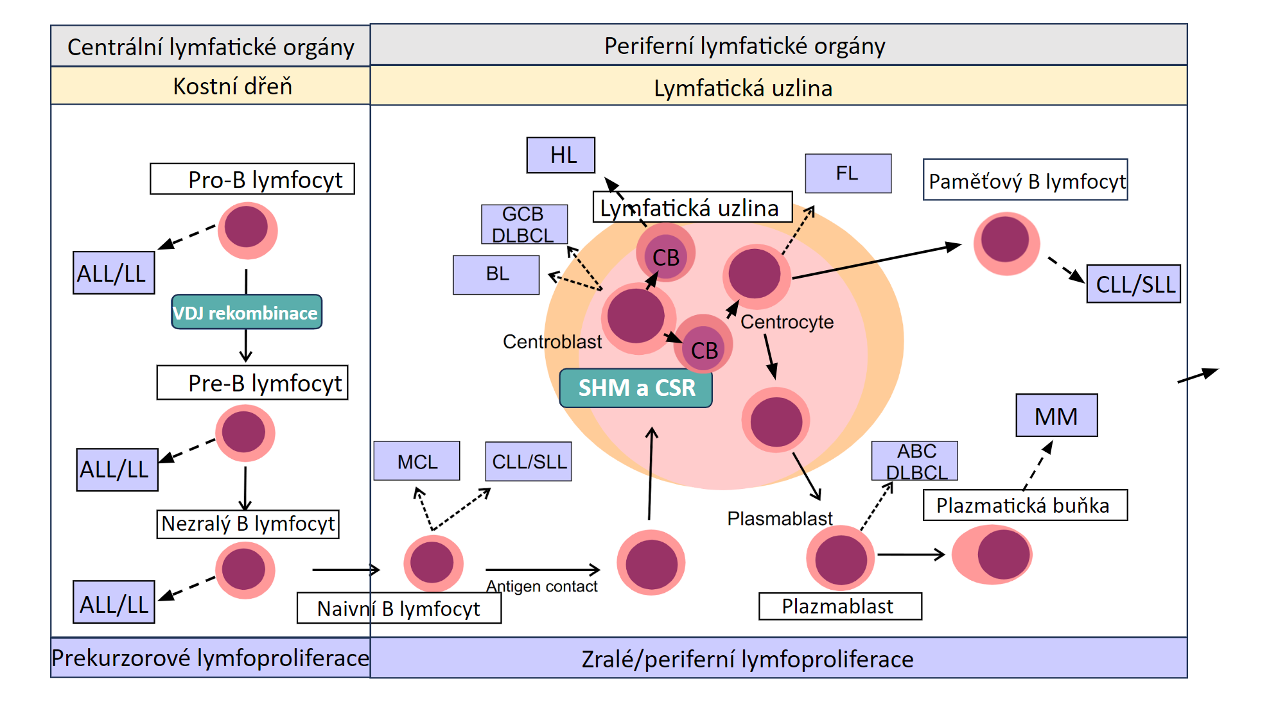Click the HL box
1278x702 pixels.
(x=561, y=155)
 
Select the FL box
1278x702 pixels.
(x=848, y=173)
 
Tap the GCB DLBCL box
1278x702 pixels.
(x=524, y=225)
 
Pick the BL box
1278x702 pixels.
(x=496, y=275)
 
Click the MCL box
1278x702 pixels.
(x=417, y=461)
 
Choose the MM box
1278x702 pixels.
(x=1056, y=416)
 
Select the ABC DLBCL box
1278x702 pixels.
(x=915, y=461)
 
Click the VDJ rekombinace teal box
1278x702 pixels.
(x=247, y=312)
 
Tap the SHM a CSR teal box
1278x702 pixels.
(x=636, y=388)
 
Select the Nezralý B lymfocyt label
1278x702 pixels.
(x=248, y=524)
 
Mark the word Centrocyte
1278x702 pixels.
(x=787, y=321)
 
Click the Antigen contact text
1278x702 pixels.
(x=541, y=586)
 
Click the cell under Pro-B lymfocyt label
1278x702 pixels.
(x=247, y=230)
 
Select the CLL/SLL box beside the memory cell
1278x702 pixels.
(x=1134, y=284)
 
